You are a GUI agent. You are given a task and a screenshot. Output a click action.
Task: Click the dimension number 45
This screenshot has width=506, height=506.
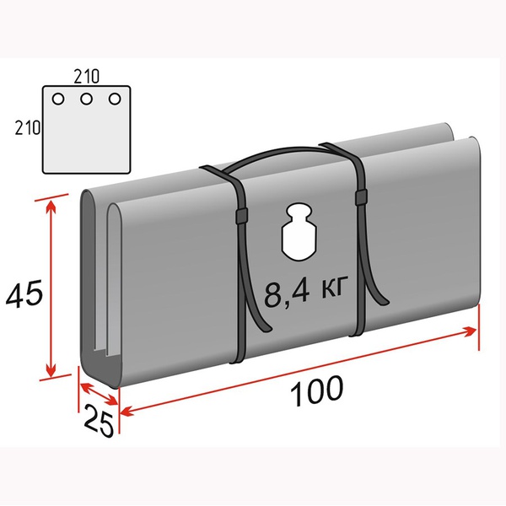(24, 293)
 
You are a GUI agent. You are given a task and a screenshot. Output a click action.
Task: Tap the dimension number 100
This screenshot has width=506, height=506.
(316, 390)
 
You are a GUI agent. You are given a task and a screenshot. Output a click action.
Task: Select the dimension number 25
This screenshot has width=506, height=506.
(99, 420)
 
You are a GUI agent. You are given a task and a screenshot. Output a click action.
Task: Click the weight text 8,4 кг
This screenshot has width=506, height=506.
(305, 291)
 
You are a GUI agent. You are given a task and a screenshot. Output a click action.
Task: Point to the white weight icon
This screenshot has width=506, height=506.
(299, 231)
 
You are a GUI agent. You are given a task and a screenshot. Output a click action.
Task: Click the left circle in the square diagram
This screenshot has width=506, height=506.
(58, 99)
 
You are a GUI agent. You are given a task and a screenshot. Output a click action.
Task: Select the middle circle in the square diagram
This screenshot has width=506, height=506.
(86, 99)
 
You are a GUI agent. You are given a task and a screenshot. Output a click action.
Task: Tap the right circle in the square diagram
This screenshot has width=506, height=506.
(115, 99)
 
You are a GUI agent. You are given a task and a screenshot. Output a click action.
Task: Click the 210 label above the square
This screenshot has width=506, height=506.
(87, 77)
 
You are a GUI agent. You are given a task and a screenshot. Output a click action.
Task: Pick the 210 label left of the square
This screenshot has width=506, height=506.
(28, 127)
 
